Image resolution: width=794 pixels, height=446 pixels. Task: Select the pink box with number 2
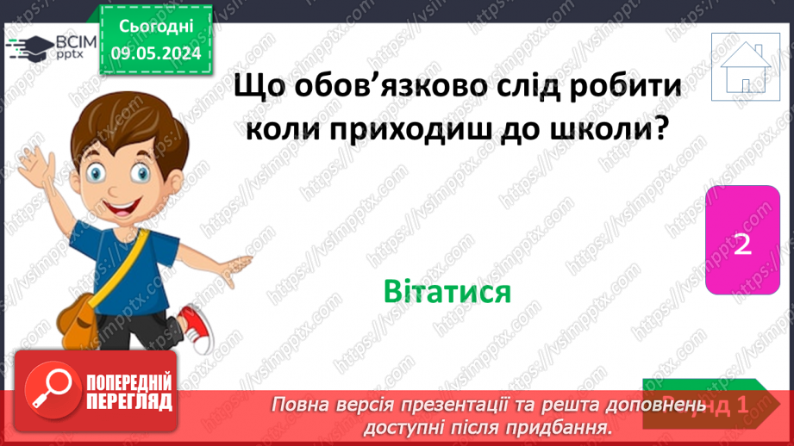point(743,244)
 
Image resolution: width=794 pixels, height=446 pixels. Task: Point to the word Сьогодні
point(157,28)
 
